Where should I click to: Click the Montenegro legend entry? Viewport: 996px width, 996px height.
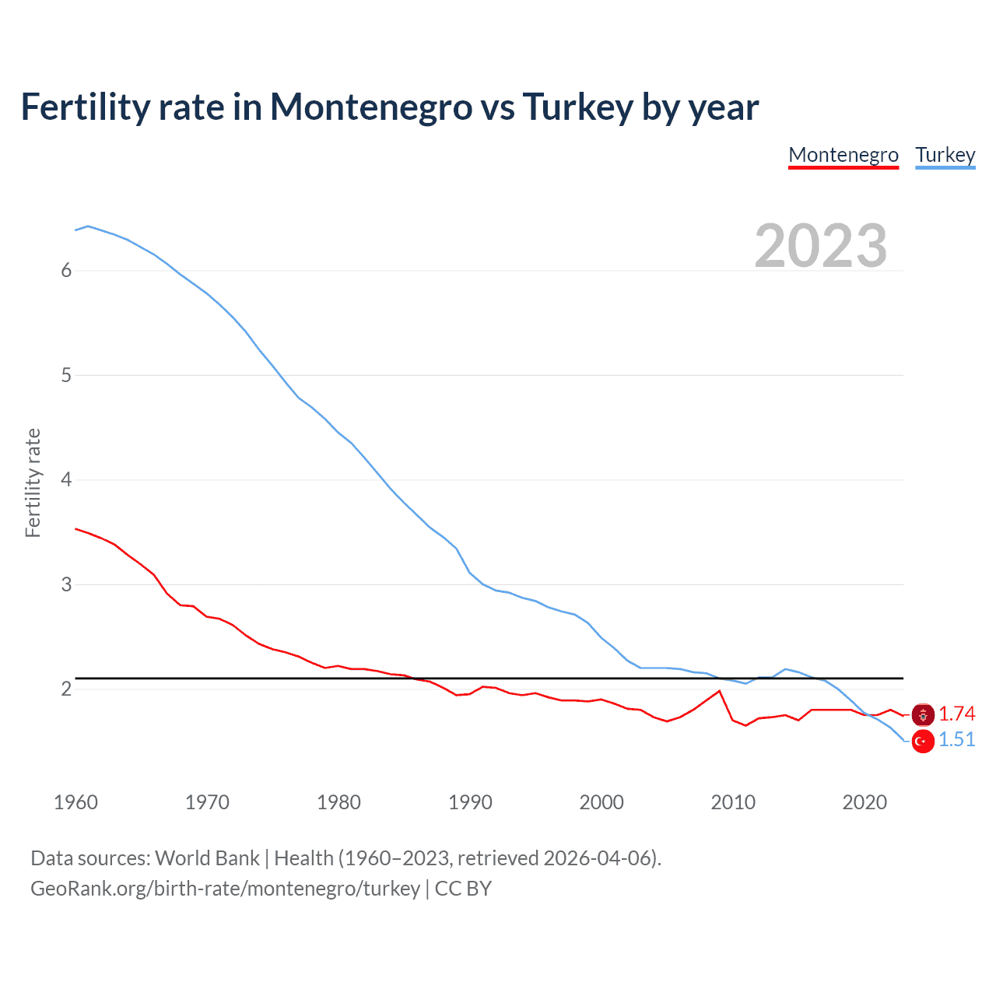coord(843,155)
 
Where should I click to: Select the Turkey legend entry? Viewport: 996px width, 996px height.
coord(945,155)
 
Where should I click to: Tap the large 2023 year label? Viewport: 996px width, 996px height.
coord(821,246)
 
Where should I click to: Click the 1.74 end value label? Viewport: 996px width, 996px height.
coord(956,714)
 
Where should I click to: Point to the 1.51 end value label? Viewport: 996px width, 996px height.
coord(956,739)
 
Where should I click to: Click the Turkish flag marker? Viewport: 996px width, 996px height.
coord(923,742)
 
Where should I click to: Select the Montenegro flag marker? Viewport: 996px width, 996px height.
coord(923,714)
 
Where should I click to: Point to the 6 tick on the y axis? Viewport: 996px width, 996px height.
coord(66,270)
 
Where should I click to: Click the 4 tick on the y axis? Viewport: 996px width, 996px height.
coord(66,479)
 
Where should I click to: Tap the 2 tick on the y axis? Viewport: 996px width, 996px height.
coord(66,689)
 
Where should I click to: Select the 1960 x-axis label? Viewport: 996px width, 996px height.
coord(75,802)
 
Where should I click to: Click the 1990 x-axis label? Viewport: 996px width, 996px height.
coord(470,802)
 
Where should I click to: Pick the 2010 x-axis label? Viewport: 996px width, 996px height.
coord(733,802)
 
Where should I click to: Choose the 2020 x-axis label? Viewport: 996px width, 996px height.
coord(864,802)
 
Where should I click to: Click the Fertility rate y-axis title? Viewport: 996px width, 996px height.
coord(33,482)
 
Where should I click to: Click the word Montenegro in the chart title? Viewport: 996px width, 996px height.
coord(371,107)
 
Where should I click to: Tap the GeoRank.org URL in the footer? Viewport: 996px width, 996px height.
coord(225,889)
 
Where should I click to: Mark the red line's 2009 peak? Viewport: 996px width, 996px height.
coord(719,691)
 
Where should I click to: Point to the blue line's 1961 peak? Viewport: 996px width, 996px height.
coord(88,226)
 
